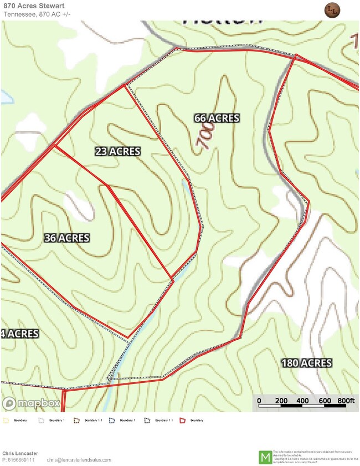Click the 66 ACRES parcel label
pyautogui.click(x=217, y=118)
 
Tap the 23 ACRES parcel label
pyautogui.click(x=117, y=151)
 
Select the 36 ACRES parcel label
pyautogui.click(x=66, y=238)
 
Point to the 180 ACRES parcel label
pyautogui.click(x=306, y=363)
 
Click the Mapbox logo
pyautogui.click(x=31, y=403)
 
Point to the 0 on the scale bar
pyautogui.click(x=259, y=401)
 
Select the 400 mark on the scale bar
pyautogui.click(x=302, y=401)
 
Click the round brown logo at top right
pyautogui.click(x=332, y=10)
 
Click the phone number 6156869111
pyautogui.click(x=21, y=460)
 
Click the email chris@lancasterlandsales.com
pyautogui.click(x=79, y=460)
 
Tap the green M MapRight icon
pyautogui.click(x=265, y=458)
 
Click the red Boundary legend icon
pyautogui.click(x=184, y=421)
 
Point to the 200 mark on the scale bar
pyautogui.click(x=281, y=401)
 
